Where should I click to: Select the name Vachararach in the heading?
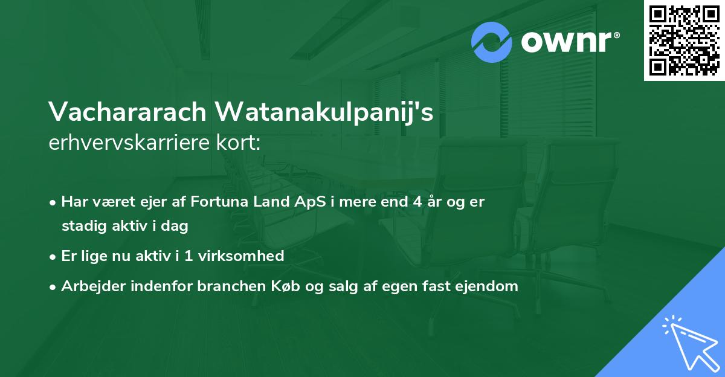click(x=126, y=112)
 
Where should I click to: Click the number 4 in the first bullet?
click(x=417, y=202)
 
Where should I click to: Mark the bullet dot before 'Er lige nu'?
click(x=54, y=256)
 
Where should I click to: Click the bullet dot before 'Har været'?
click(x=54, y=202)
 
